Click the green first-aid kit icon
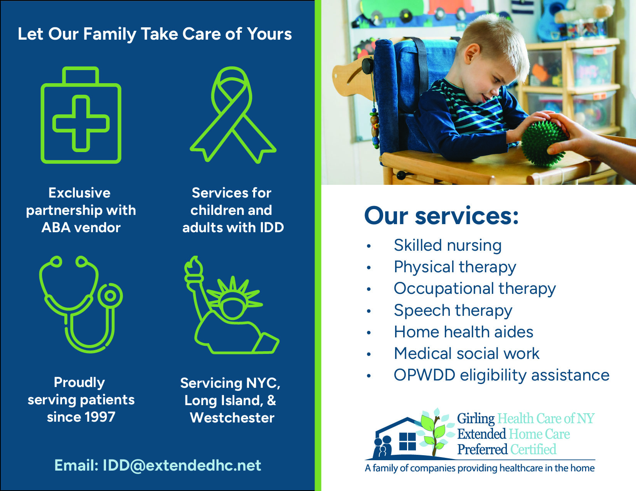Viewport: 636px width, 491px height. tap(81, 115)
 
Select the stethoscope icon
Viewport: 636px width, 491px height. tap(81, 305)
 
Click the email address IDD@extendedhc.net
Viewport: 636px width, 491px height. tap(182, 465)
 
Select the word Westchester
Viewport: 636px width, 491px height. tap(232, 417)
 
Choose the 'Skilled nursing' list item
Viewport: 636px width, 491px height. tap(448, 245)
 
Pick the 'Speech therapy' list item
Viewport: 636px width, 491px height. tap(453, 310)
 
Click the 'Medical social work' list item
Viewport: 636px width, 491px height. tap(466, 353)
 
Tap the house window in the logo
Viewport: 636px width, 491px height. tap(408, 442)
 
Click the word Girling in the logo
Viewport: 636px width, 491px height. tap(476, 419)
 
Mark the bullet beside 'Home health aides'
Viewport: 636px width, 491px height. tap(369, 332)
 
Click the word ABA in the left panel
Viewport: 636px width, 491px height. tap(56, 228)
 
